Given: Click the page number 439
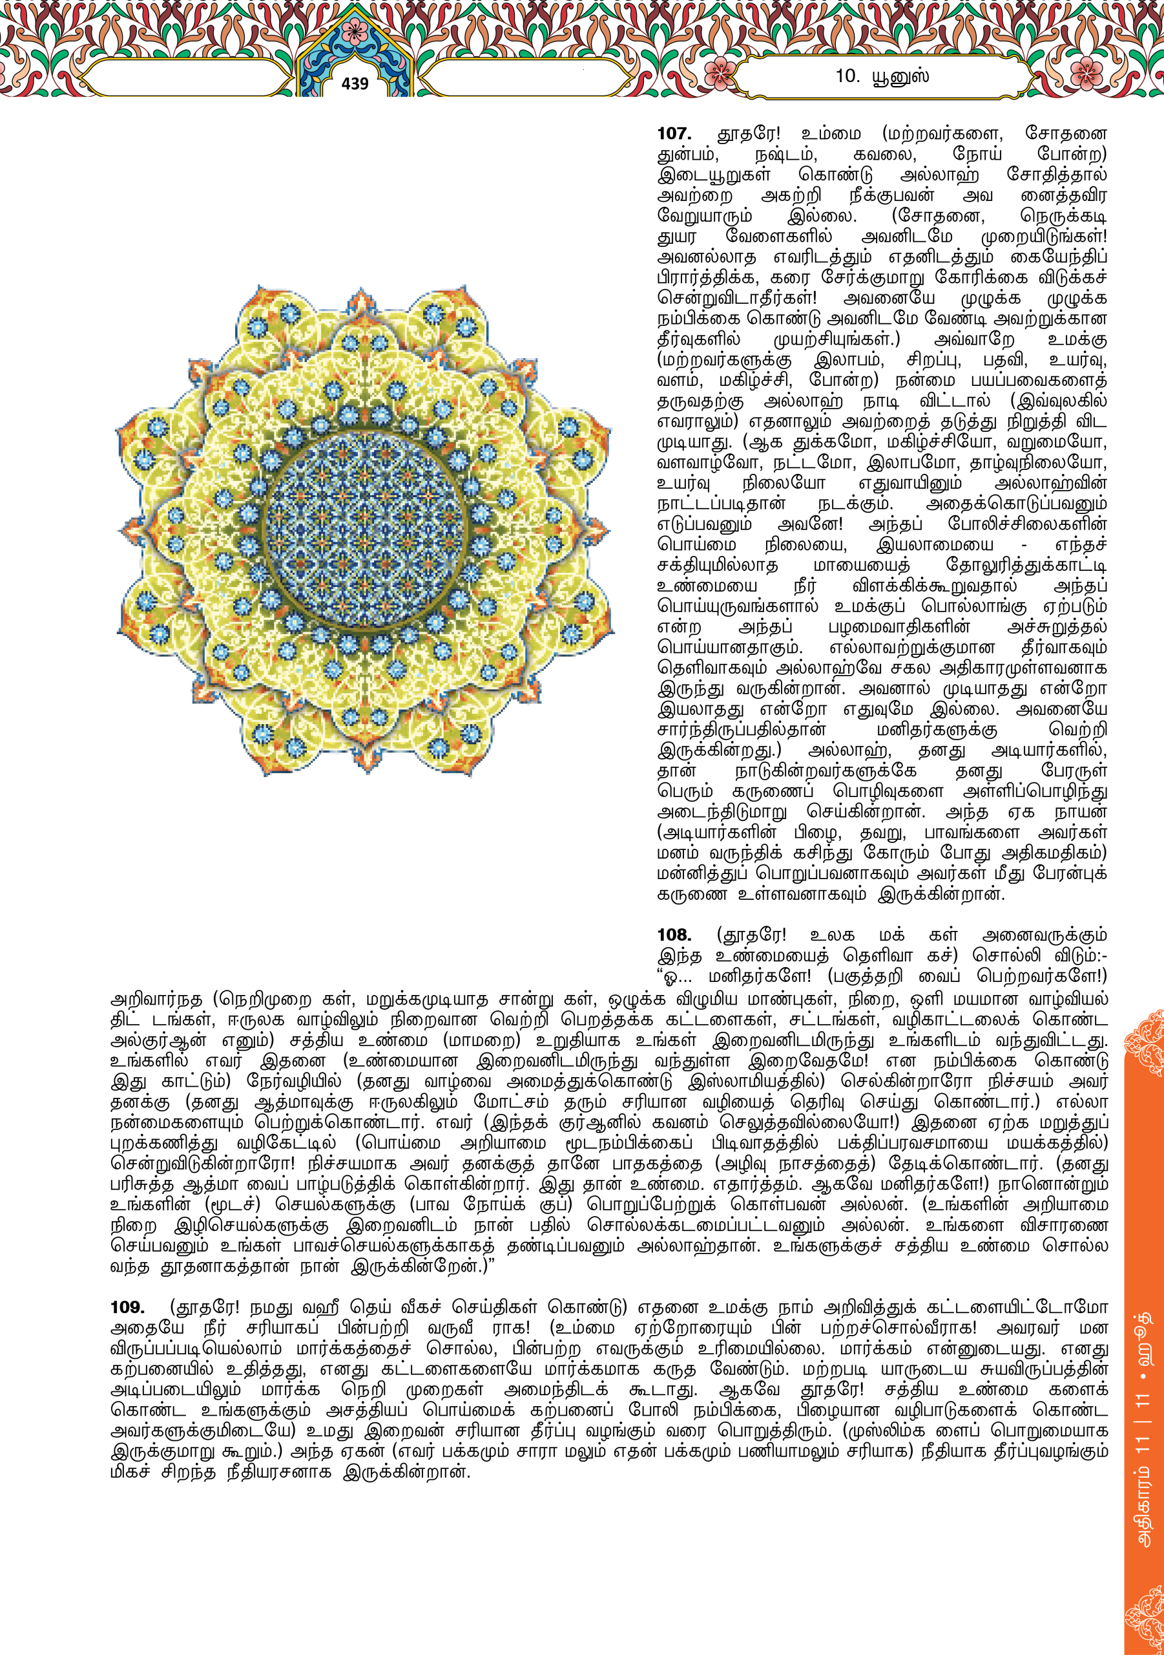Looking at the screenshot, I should click(355, 83).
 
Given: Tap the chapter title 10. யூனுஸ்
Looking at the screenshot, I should click(882, 76).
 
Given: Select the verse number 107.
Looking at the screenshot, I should click(674, 133).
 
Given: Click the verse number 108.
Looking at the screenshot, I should click(674, 935).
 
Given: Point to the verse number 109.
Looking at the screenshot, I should click(127, 1307).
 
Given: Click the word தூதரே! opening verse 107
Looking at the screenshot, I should click(749, 133).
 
